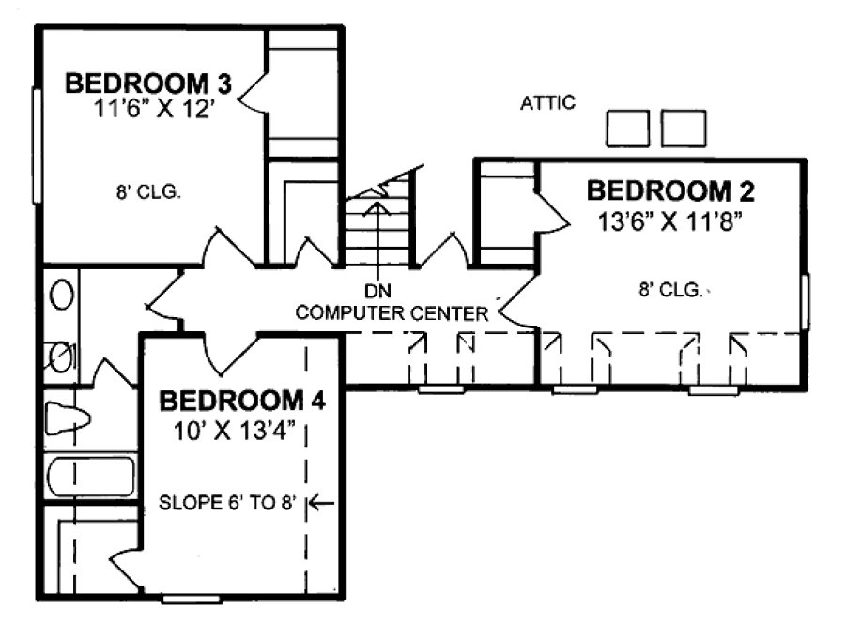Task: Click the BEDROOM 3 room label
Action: (x=147, y=82)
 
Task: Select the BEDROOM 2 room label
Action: (x=670, y=191)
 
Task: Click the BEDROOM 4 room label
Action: (x=242, y=402)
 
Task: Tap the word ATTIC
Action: (x=547, y=103)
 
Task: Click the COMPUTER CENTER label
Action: (x=392, y=312)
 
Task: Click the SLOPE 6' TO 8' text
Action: (x=227, y=503)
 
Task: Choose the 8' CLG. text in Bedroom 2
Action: (x=669, y=291)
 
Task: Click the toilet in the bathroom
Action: (x=66, y=419)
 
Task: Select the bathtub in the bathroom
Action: (x=90, y=478)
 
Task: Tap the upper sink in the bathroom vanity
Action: (x=62, y=296)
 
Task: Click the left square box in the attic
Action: (x=628, y=129)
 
